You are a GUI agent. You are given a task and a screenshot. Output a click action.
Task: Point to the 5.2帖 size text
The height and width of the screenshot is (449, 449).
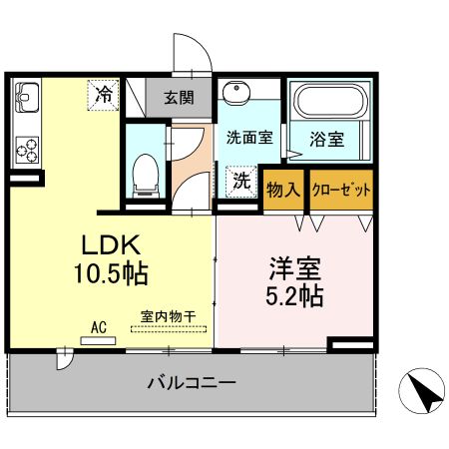pos(293,295)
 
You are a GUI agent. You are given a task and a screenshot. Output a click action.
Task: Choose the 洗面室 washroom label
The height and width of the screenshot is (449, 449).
pos(248,140)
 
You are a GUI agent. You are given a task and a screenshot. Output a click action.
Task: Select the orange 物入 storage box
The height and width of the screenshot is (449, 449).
pos(283,190)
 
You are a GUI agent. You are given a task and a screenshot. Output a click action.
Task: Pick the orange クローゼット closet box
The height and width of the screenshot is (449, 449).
pos(342,190)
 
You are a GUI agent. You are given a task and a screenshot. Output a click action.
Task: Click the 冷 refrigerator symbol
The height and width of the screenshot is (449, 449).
pos(104,95)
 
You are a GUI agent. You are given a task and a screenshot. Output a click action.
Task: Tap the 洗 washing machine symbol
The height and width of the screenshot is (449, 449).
pos(241,181)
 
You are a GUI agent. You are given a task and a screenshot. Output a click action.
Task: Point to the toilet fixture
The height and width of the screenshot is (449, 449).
pos(146,176)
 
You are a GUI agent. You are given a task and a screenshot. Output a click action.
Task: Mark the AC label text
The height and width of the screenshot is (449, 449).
pos(99,325)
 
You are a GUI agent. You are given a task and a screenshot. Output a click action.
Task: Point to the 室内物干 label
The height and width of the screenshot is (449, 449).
pos(168,316)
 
